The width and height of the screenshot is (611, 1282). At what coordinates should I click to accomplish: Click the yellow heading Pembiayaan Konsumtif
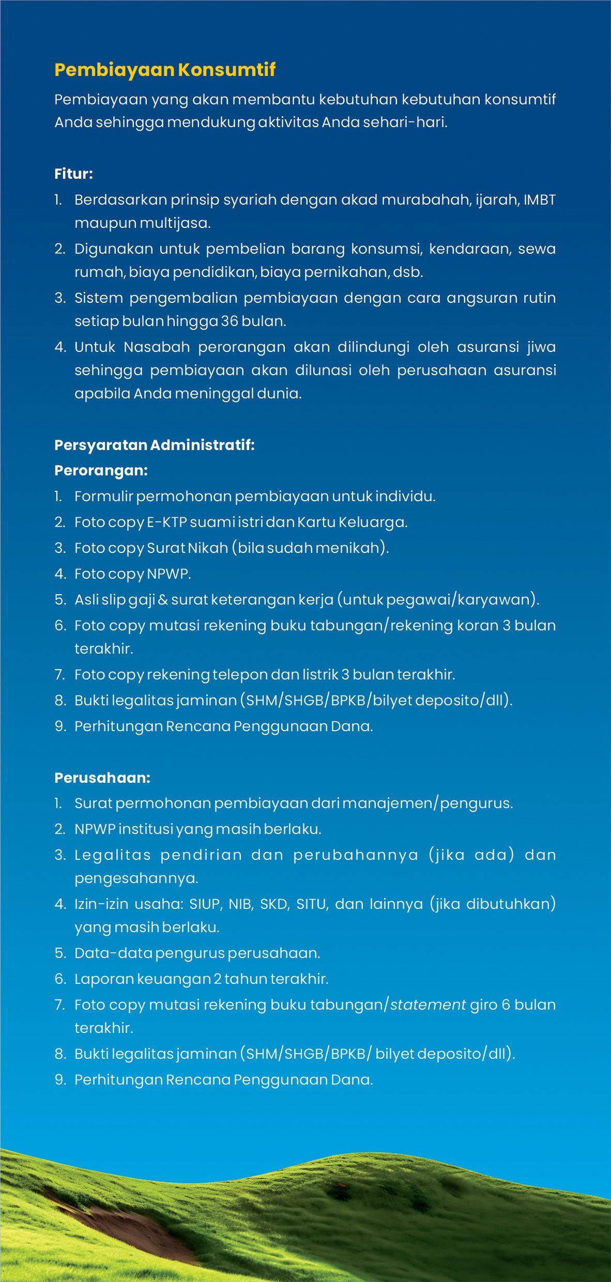[165, 70]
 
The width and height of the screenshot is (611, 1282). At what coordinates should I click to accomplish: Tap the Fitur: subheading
[73, 174]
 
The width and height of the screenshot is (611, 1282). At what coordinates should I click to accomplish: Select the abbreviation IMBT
[539, 199]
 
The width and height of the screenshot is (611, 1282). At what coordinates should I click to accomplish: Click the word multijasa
[175, 223]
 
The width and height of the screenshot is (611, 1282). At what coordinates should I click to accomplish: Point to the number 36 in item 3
[229, 321]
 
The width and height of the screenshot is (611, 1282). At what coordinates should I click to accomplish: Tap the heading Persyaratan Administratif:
[155, 445]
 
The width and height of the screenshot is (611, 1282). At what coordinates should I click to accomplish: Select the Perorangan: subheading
[101, 470]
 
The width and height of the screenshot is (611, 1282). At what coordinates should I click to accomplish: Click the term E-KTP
[166, 522]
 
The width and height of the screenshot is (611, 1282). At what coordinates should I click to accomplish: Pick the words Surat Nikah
[187, 548]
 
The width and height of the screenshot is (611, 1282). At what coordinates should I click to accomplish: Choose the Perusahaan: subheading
[102, 778]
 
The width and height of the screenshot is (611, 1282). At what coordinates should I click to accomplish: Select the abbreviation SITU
[312, 904]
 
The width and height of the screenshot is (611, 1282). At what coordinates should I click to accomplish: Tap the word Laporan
[103, 979]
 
